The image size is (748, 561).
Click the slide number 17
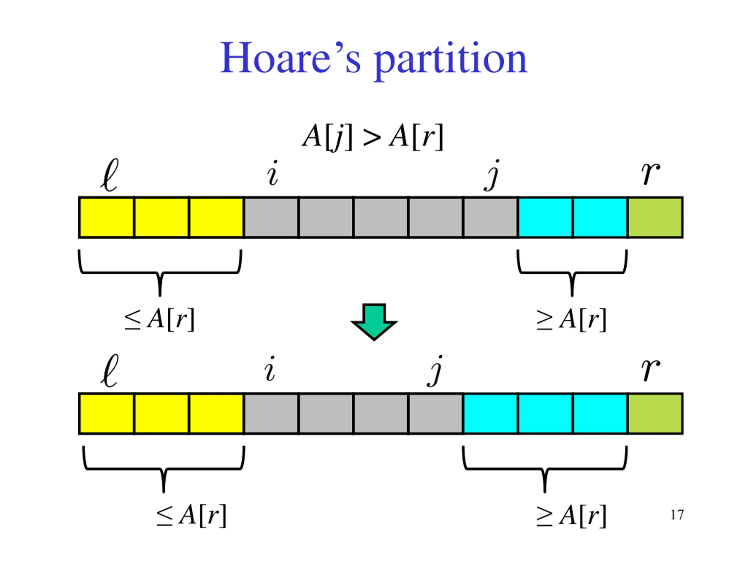pyautogui.click(x=677, y=515)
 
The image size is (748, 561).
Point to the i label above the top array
pyautogui.click(x=273, y=173)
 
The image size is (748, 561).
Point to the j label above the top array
pyautogui.click(x=492, y=175)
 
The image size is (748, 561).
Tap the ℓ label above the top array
pyautogui.click(x=110, y=175)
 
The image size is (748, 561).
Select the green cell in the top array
pyautogui.click(x=655, y=218)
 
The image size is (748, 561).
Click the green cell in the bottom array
pyautogui.click(x=655, y=413)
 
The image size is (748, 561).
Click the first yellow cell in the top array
pyautogui.click(x=107, y=218)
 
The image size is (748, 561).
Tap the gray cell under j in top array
pyautogui.click(x=490, y=218)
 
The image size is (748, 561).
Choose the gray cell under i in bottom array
pyautogui.click(x=271, y=413)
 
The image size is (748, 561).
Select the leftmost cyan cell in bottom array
pyautogui.click(x=490, y=413)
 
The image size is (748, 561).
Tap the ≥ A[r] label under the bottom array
pyautogui.click(x=572, y=516)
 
